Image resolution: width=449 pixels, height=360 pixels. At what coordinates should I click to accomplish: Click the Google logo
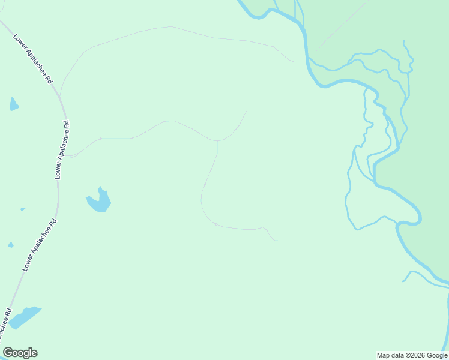[x=20, y=353]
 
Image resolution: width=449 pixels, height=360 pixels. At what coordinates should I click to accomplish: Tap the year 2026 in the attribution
[x=413, y=355]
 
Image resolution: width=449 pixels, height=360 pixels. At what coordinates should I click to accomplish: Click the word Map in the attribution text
[x=384, y=355]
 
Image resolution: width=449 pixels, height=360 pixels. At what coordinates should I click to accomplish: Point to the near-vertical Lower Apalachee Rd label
[x=62, y=149]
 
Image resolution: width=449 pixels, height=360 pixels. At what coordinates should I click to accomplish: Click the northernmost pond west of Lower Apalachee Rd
[x=13, y=104]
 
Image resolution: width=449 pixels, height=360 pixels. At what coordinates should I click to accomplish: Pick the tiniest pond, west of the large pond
[x=23, y=209]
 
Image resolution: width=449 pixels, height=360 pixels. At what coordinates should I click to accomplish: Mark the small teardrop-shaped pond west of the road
[x=11, y=244]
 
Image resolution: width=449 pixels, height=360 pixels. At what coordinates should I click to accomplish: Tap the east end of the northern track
[x=293, y=61]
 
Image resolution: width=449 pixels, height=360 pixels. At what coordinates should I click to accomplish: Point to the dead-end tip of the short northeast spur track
[x=246, y=111]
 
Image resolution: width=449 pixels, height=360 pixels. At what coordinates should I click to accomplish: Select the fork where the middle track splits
[x=217, y=142]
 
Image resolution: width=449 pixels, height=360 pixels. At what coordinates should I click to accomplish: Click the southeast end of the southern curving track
[x=276, y=241]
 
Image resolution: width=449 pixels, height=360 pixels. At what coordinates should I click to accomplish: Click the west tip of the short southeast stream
[x=403, y=280]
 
